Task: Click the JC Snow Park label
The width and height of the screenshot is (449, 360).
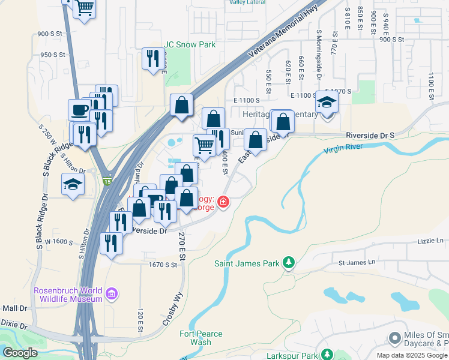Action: point(190,44)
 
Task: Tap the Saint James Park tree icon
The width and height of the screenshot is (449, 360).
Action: point(289,262)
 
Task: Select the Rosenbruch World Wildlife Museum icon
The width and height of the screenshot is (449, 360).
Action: point(111,294)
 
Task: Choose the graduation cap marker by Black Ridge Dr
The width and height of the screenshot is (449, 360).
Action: point(73,184)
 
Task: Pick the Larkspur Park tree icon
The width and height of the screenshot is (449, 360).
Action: point(327,355)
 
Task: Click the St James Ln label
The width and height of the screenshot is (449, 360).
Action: point(357,262)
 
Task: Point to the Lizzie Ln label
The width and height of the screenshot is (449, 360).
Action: point(430,241)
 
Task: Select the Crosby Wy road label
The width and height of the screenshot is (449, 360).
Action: point(170,309)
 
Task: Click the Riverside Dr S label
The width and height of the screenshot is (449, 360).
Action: point(370,136)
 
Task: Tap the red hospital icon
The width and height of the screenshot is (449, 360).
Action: point(223,202)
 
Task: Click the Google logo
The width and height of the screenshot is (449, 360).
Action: point(20,352)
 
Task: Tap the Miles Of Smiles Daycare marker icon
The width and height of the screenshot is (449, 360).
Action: point(394,338)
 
